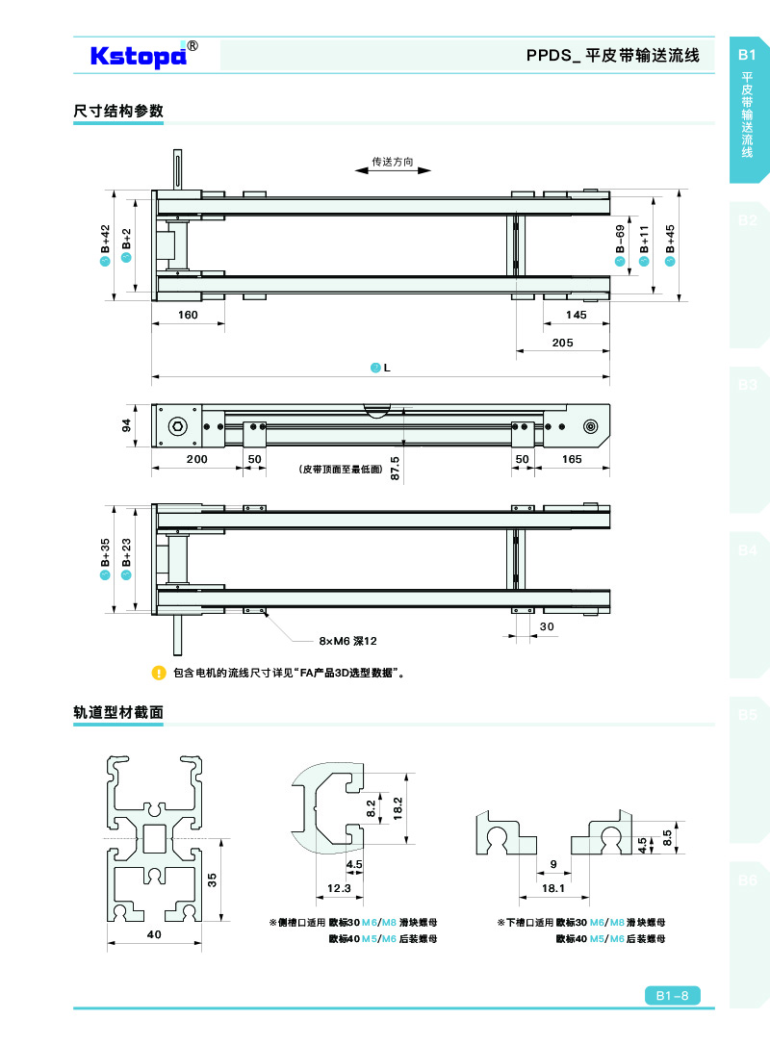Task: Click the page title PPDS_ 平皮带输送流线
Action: point(612,56)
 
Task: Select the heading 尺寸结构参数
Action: point(118,112)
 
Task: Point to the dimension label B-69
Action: point(621,242)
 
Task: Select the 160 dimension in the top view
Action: point(188,316)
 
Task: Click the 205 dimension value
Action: point(563,344)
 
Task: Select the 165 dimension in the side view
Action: point(572,460)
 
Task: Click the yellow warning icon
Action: point(160,673)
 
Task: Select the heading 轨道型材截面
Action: point(118,713)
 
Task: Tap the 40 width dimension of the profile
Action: point(153,934)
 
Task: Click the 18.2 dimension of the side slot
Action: point(398,808)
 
